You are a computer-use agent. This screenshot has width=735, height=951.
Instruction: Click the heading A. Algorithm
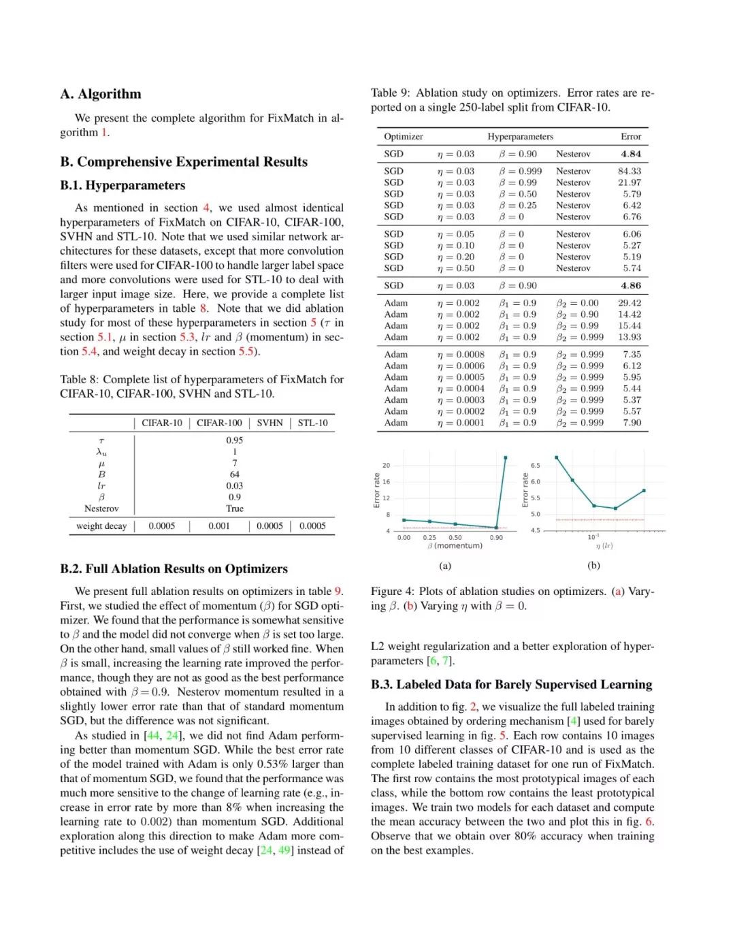coord(101,94)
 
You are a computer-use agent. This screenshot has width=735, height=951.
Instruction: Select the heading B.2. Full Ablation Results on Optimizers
coord(174,569)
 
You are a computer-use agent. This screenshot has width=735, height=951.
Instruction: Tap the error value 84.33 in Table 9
coord(629,171)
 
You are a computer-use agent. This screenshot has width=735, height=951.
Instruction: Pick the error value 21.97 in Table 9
coord(629,182)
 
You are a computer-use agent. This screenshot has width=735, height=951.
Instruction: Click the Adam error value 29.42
coord(629,303)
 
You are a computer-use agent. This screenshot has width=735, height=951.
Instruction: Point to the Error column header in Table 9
coord(630,136)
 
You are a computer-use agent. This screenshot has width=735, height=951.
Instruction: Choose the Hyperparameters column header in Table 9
coord(520,136)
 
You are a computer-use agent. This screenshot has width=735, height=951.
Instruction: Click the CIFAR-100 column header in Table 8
coord(219,423)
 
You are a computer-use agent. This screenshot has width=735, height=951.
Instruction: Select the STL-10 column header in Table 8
coord(312,423)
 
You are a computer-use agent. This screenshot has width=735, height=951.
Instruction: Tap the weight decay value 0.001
coord(219,526)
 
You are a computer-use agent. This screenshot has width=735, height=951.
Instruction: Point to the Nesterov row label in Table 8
coord(101,509)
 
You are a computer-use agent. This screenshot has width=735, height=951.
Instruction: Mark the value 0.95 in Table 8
coord(234,440)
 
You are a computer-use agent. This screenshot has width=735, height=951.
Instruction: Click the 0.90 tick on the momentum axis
coord(497,538)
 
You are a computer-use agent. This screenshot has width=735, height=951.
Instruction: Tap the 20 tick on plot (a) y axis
coord(386,466)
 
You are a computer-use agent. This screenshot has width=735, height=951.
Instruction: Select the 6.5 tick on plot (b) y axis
coord(535,466)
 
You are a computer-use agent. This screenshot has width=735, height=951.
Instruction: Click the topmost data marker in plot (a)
coord(506,457)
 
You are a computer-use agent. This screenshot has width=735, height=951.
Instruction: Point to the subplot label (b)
coord(593,565)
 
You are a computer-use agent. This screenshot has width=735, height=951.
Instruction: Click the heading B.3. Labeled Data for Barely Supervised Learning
coord(511,685)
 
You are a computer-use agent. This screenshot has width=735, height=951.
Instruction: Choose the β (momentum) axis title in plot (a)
coord(455,546)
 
